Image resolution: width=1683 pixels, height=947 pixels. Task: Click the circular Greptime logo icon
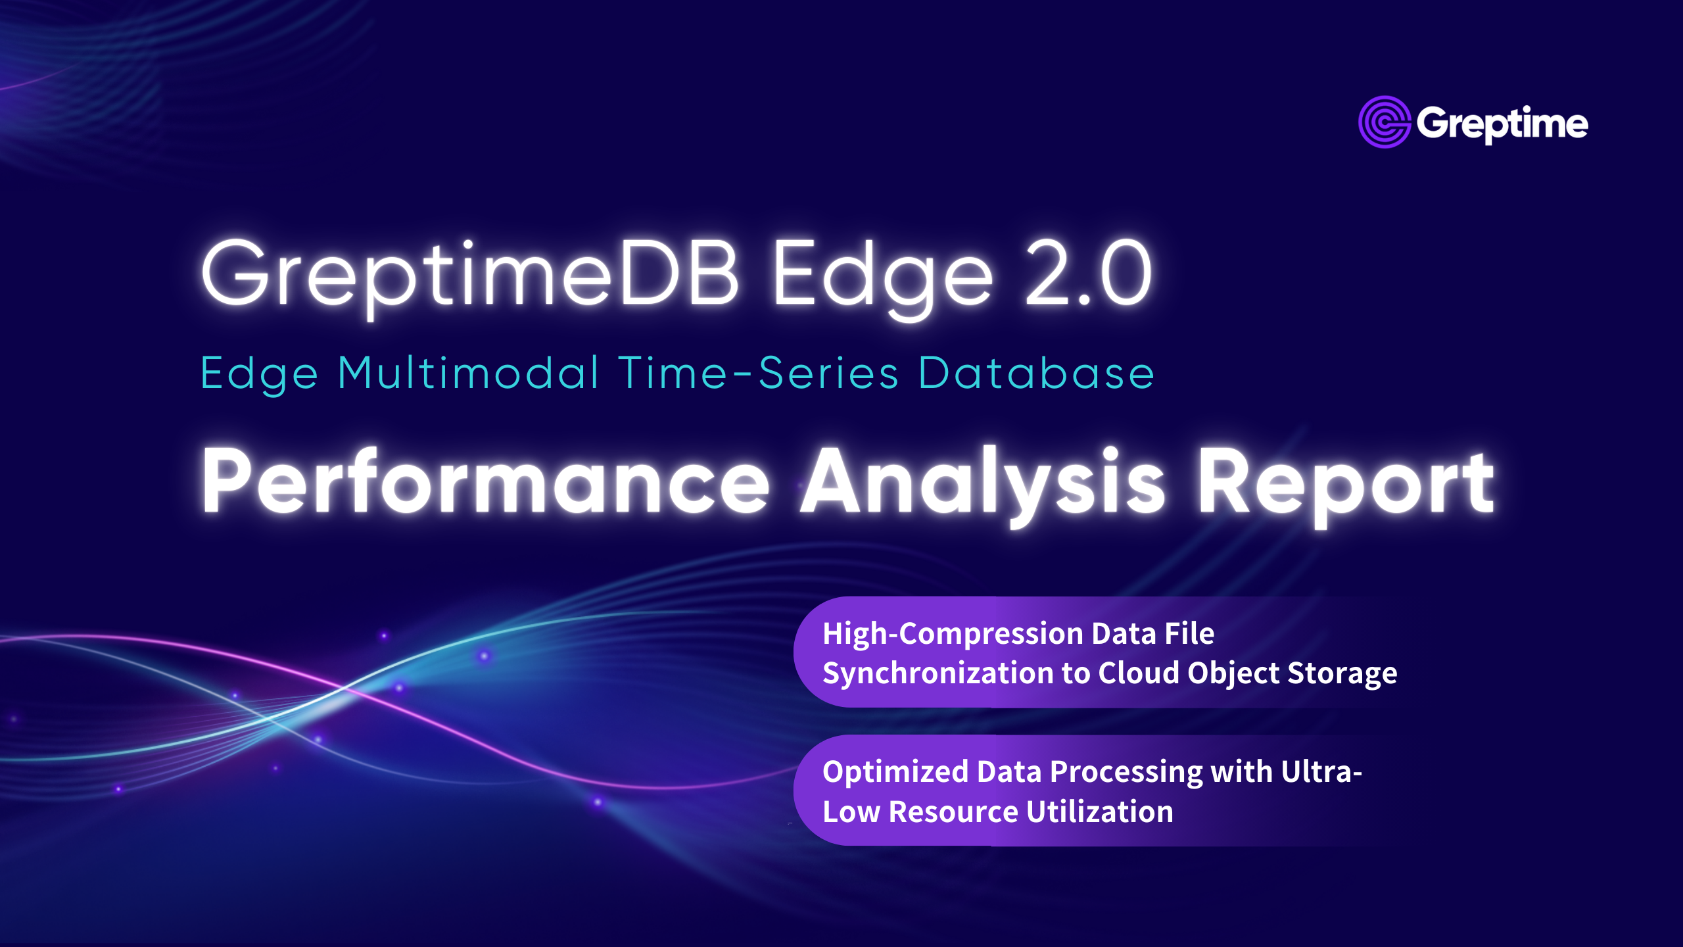click(x=1384, y=122)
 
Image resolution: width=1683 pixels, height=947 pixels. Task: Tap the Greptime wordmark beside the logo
click(x=1503, y=124)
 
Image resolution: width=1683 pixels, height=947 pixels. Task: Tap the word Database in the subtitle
click(x=1036, y=373)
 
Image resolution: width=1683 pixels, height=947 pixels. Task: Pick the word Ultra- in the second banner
click(x=1321, y=772)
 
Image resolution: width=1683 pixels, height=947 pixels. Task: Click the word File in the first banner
click(x=1189, y=634)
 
